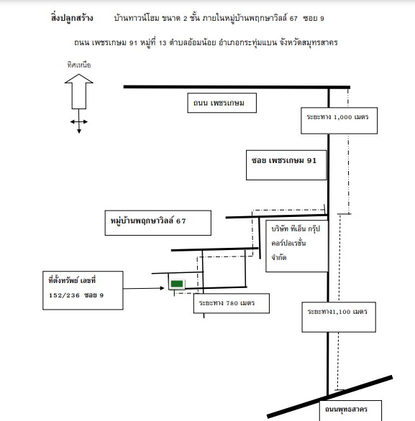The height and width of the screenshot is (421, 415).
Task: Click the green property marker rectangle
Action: click(x=177, y=284)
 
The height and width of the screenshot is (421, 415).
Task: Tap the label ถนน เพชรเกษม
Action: click(x=219, y=103)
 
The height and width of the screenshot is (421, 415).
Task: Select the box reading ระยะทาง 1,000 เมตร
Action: click(x=339, y=121)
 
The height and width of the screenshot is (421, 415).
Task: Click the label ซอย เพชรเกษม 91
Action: click(x=284, y=160)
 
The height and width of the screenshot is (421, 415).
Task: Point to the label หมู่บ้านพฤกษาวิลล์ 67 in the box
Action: click(x=148, y=221)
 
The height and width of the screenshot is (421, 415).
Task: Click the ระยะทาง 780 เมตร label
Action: click(x=227, y=303)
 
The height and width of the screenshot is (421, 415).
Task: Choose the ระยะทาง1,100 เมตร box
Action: click(x=339, y=317)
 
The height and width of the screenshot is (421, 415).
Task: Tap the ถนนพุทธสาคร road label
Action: click(x=346, y=410)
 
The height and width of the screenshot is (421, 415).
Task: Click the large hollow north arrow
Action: click(x=78, y=91)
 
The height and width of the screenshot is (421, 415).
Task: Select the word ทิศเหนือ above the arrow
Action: click(x=79, y=65)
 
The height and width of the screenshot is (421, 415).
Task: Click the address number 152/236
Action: click(x=64, y=295)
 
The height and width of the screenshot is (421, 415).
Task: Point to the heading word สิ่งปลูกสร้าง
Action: click(x=72, y=18)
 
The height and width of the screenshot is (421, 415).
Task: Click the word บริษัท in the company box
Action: click(x=280, y=228)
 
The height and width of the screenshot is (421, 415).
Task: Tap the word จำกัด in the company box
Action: click(x=279, y=257)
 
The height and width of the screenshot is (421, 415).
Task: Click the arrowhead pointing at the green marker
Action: click(x=162, y=288)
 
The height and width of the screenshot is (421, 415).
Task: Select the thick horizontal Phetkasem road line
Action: click(x=237, y=87)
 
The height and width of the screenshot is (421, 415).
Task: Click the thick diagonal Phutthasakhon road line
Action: click(x=330, y=397)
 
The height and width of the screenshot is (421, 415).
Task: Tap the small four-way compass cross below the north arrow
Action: click(x=78, y=121)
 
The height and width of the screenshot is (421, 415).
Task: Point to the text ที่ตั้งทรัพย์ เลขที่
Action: click(x=72, y=280)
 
